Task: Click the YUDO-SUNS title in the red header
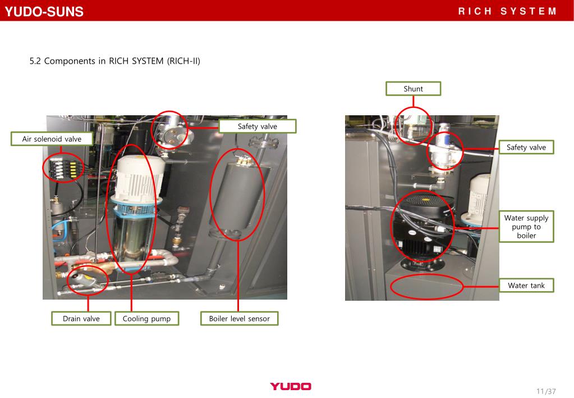(44, 11)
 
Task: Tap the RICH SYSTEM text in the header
(507, 11)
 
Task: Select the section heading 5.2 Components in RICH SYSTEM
(115, 61)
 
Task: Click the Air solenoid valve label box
(52, 139)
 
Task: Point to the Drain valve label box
(81, 318)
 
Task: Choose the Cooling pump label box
(147, 318)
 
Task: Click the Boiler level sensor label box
(240, 318)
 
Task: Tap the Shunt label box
(414, 89)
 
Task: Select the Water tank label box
(526, 286)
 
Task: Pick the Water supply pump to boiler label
(526, 227)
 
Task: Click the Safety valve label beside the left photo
(258, 126)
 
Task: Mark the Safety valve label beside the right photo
(526, 147)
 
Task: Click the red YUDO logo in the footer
(291, 386)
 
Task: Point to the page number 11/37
(546, 391)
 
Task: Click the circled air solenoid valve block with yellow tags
(63, 168)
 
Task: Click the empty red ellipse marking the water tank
(427, 274)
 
